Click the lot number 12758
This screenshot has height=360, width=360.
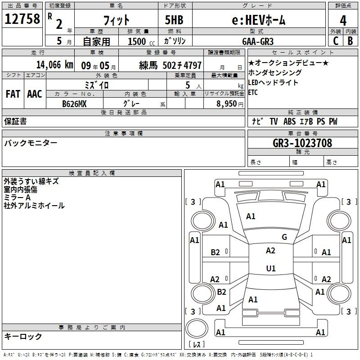(22, 18)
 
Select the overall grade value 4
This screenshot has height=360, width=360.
(343, 21)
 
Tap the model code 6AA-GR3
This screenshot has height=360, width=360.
(258, 41)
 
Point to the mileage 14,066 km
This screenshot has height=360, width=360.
(55, 65)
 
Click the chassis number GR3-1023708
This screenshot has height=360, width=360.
(302, 143)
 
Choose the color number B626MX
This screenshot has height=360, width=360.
(74, 104)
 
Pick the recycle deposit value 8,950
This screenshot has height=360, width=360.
(227, 104)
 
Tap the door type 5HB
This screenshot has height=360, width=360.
(174, 20)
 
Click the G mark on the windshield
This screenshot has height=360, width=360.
(284, 237)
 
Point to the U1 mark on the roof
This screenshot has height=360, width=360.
(271, 268)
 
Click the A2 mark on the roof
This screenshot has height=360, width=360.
(270, 251)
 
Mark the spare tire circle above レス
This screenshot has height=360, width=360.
(197, 328)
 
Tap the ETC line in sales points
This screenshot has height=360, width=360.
(253, 92)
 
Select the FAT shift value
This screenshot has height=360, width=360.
(13, 94)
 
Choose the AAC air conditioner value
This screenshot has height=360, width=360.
(35, 94)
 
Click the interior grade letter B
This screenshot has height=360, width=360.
(350, 41)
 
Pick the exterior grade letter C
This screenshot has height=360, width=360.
(336, 41)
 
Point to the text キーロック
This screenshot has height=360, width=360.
(23, 337)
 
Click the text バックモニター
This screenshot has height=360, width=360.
(31, 143)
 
